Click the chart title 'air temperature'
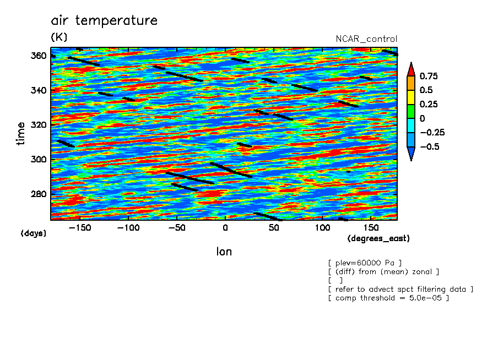(104, 20)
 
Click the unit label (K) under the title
(59, 37)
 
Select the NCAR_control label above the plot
(366, 39)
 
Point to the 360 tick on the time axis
(39, 56)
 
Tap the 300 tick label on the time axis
(39, 160)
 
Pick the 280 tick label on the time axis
(39, 194)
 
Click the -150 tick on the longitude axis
(80, 228)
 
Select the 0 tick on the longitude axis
(225, 228)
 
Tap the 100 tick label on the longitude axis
(322, 228)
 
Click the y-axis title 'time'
(20, 134)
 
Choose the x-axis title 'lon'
(224, 252)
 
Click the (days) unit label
(34, 233)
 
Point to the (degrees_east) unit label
(378, 238)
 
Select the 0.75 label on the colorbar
(429, 76)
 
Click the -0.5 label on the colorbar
(430, 146)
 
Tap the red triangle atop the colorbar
(411, 69)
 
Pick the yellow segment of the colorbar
(411, 97)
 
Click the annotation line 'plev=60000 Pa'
(365, 263)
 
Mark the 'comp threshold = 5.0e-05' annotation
(388, 298)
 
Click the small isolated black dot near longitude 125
(348, 172)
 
